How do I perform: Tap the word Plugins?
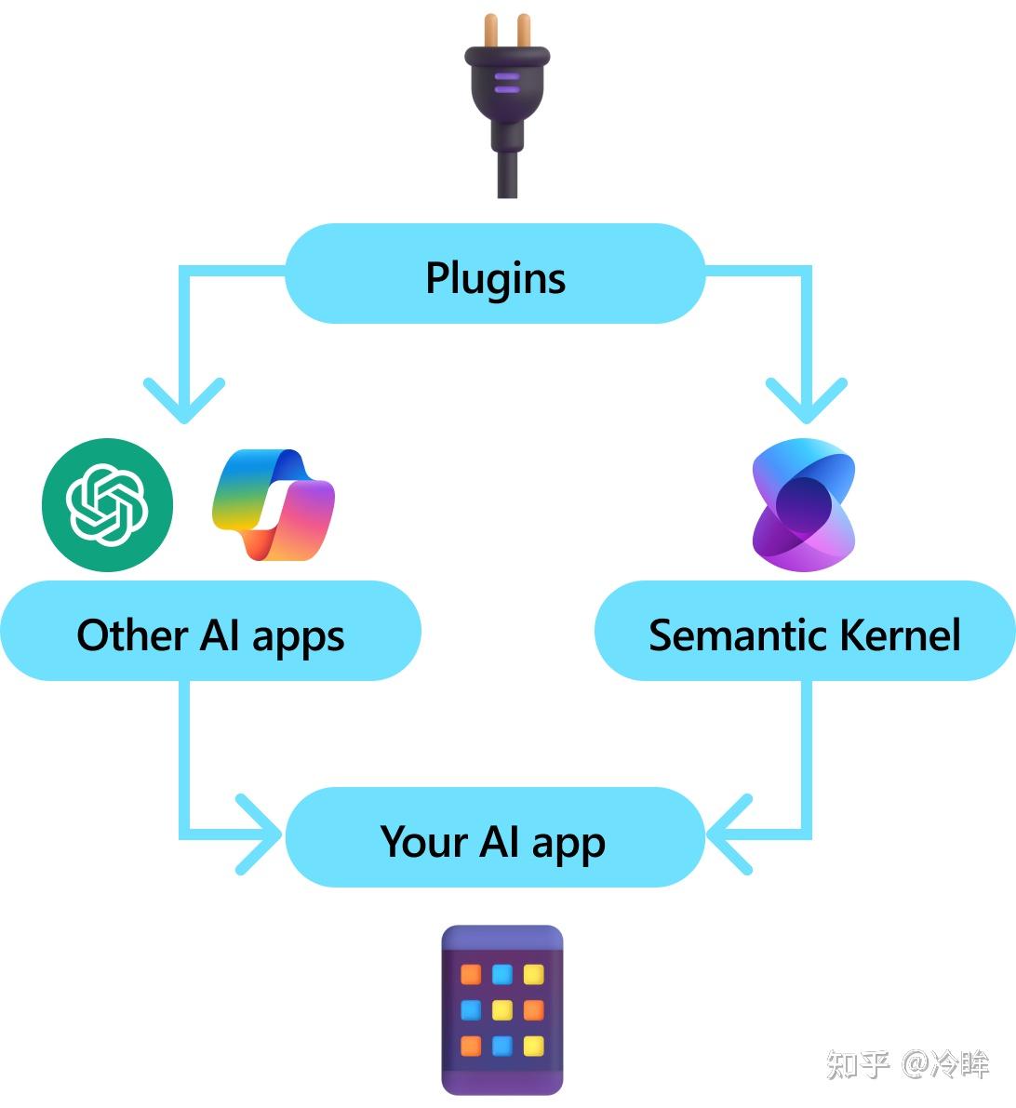pyautogui.click(x=495, y=277)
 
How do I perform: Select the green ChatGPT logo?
pyautogui.click(x=108, y=504)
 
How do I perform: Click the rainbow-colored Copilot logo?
pyautogui.click(x=273, y=505)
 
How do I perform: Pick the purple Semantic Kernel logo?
pyautogui.click(x=803, y=505)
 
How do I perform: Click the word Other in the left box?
pyautogui.click(x=131, y=635)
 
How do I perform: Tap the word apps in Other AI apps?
pyautogui.click(x=298, y=638)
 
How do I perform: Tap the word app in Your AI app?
pyautogui.click(x=568, y=844)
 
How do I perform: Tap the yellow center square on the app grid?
pyautogui.click(x=502, y=1009)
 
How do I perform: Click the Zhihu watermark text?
pyautogui.click(x=907, y=1064)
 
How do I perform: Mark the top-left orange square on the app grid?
pyautogui.click(x=472, y=974)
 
